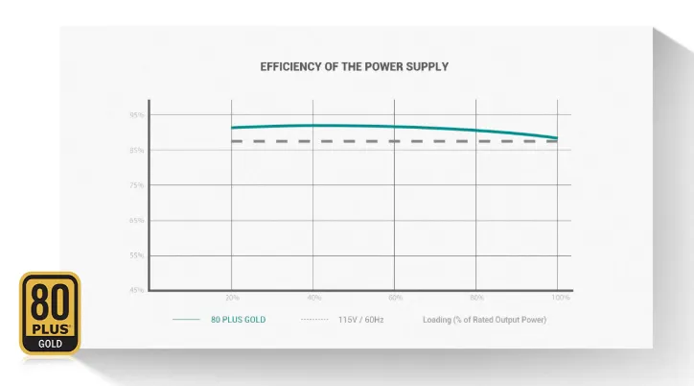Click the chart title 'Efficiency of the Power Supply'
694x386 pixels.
354,67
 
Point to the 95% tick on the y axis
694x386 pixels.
136,115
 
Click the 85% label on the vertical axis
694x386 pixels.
136,151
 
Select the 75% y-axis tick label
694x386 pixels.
136,185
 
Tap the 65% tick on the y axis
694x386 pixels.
136,221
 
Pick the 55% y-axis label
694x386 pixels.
136,255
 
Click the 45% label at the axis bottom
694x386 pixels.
136,290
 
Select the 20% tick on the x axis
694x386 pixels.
231,298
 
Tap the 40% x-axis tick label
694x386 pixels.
313,298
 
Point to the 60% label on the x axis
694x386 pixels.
395,298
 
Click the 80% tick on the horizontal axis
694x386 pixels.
477,298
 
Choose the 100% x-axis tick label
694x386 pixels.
561,298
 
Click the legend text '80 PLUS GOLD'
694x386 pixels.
238,319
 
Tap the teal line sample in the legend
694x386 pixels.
186,319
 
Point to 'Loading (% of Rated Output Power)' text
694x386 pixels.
484,319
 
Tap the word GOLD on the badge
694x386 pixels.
50,342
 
